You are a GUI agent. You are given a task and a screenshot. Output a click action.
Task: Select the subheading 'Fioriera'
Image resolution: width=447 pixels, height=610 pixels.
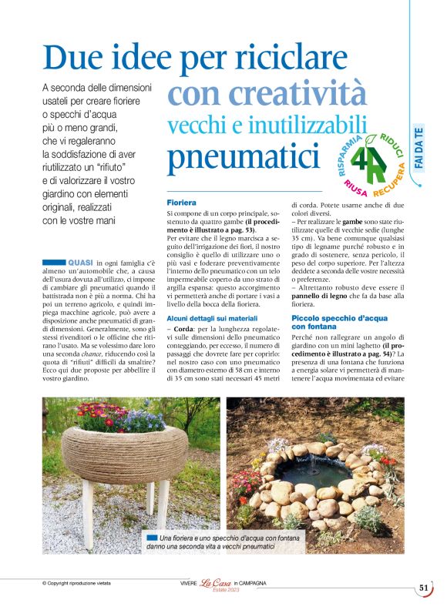pyautogui.click(x=183, y=202)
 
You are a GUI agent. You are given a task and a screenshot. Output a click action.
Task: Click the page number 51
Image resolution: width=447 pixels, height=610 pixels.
pyautogui.click(x=424, y=588)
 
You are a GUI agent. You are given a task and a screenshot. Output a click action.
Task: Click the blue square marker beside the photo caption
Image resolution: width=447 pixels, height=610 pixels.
pyautogui.click(x=151, y=536)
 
